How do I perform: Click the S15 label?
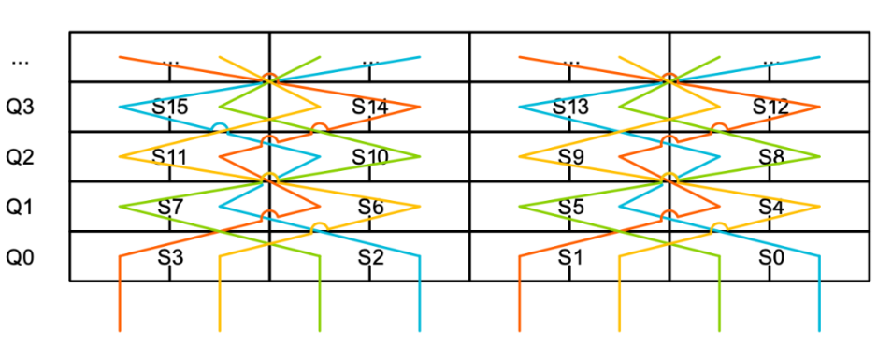[x=170, y=107]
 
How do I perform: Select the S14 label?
[x=369, y=107]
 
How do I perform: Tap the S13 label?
[x=570, y=107]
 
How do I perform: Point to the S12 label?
[x=770, y=107]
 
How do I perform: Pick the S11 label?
[x=170, y=156]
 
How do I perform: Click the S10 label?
[x=369, y=156]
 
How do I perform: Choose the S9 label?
[x=570, y=156]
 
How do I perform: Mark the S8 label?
[x=771, y=156]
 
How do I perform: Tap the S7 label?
[x=170, y=208]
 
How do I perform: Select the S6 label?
[x=370, y=208]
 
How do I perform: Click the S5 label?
[x=570, y=208]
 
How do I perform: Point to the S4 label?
[x=771, y=208]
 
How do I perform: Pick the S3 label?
[x=170, y=258]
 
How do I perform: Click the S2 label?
[x=370, y=258]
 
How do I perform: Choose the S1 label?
[x=570, y=258]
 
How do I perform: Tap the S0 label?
[x=771, y=258]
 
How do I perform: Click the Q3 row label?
[x=21, y=108]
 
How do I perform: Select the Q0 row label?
[x=21, y=258]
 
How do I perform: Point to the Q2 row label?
[x=21, y=157]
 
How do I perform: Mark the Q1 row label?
[x=21, y=208]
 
